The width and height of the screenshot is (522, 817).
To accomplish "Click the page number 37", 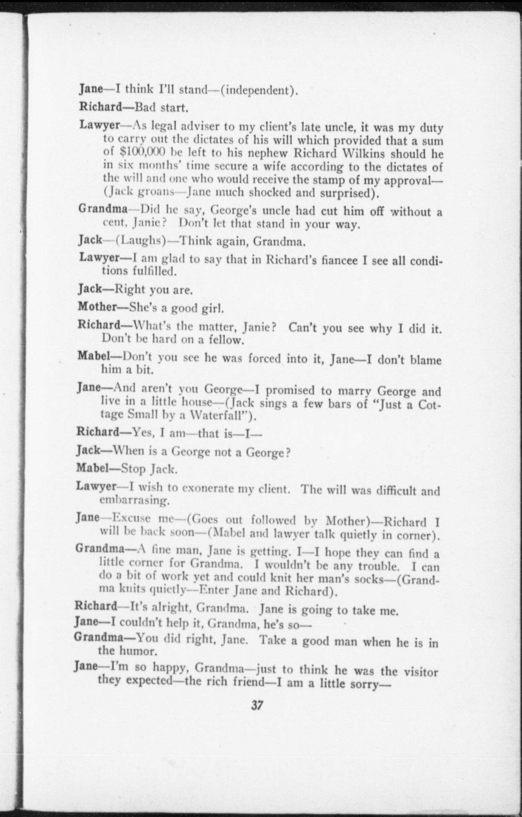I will click(x=257, y=705).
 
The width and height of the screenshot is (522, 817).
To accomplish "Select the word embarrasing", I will click(x=134, y=501).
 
